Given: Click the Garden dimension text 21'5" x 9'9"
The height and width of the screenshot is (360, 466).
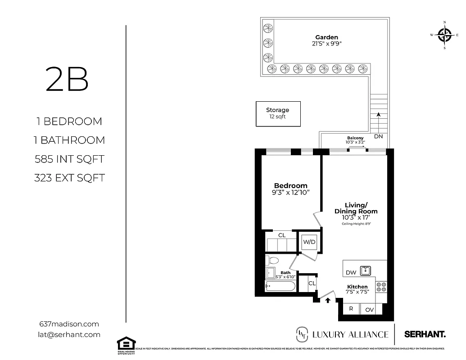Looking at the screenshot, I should (326, 44).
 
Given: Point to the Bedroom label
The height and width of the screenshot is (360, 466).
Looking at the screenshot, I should (290, 185).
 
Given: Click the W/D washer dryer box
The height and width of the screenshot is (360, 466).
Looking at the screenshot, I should (309, 242).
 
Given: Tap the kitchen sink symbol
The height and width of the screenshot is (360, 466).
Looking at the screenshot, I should (365, 270).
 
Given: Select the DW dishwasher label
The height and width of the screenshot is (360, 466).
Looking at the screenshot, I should (351, 273).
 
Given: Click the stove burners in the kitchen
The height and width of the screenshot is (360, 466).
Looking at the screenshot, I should (381, 287).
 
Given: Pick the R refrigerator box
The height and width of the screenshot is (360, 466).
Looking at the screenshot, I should (351, 309).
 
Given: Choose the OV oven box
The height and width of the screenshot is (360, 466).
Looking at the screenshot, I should (369, 309).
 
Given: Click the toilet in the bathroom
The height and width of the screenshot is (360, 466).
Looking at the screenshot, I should (272, 261).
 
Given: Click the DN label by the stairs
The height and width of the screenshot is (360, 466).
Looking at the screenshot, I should (378, 136).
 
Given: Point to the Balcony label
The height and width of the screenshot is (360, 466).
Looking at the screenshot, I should (355, 138).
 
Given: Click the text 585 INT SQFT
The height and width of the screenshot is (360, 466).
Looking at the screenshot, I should (70, 159).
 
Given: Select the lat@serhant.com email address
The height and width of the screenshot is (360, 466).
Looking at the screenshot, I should (70, 334).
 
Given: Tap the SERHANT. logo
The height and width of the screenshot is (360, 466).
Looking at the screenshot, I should (425, 334).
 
